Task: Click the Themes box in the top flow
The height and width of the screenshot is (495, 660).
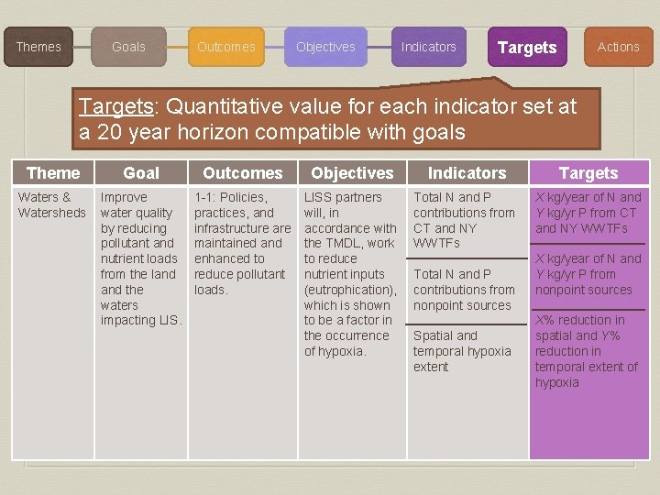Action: click(38, 47)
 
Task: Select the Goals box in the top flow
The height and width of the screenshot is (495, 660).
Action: click(128, 47)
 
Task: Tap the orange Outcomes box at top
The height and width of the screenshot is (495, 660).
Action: click(226, 47)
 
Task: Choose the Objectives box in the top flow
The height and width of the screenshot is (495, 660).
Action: click(325, 47)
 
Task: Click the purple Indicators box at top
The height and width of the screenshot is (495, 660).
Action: click(428, 47)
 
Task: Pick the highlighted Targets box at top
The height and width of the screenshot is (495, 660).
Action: click(526, 48)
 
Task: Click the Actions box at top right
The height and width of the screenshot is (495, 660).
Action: click(619, 47)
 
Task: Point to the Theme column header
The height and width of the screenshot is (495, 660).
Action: click(53, 172)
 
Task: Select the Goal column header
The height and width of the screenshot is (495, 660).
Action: click(141, 172)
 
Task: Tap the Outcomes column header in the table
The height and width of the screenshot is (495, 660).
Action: click(243, 172)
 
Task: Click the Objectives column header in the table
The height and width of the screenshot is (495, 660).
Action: click(352, 172)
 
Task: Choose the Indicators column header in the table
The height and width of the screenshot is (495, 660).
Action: click(467, 172)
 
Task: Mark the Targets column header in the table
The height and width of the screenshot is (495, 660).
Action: click(588, 172)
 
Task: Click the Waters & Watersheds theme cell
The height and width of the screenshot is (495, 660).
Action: click(51, 204)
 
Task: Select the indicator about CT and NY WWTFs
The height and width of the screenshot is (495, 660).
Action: click(464, 220)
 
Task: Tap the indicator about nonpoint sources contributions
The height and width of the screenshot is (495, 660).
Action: click(464, 289)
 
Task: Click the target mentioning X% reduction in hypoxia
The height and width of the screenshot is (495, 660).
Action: click(587, 351)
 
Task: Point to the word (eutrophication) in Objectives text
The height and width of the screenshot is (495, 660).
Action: click(349, 290)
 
